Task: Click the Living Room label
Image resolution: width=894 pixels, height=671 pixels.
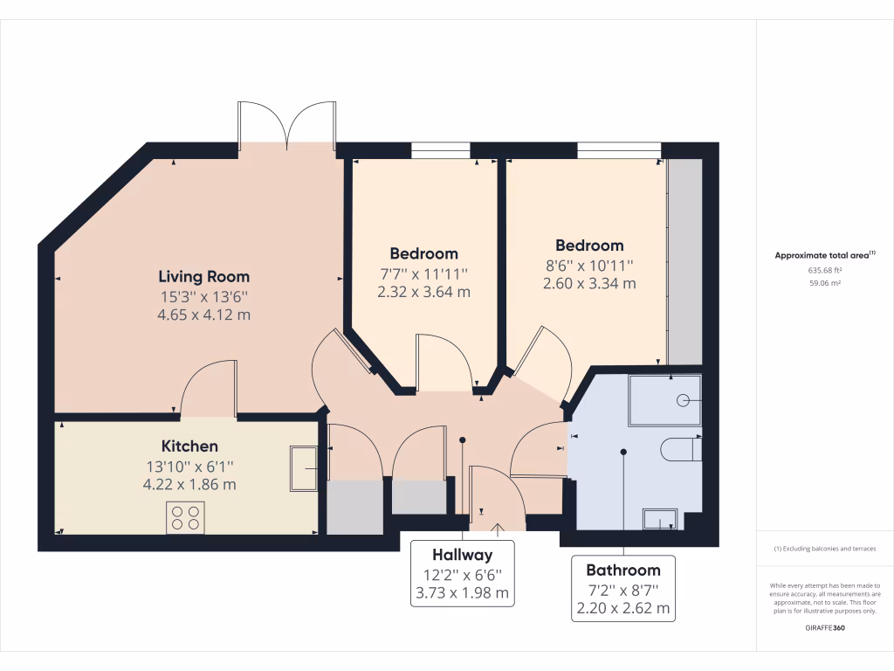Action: click(203, 277)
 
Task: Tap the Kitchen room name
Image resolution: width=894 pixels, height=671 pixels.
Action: click(189, 446)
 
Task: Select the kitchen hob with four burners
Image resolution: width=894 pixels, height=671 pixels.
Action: click(185, 518)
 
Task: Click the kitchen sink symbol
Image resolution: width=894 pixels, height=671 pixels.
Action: click(305, 467)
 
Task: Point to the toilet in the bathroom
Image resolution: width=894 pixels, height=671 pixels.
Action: click(682, 449)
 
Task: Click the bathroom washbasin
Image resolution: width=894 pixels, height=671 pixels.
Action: click(661, 518)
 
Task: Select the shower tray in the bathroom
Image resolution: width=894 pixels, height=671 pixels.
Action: click(665, 400)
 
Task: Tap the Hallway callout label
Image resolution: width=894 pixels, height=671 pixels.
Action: click(462, 555)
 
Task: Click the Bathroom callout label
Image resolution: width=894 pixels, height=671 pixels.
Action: click(622, 570)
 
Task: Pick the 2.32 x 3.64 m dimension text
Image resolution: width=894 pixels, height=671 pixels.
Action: click(423, 292)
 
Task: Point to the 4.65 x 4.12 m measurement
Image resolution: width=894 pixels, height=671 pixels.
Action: click(203, 315)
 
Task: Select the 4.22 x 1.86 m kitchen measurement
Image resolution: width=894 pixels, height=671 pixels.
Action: click(189, 484)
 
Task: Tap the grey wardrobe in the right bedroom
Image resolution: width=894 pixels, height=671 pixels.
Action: click(684, 262)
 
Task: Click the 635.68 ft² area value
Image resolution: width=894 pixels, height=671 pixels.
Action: click(825, 270)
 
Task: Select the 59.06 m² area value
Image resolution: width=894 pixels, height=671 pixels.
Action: click(825, 283)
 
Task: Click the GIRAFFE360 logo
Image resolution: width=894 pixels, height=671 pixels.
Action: click(825, 628)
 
